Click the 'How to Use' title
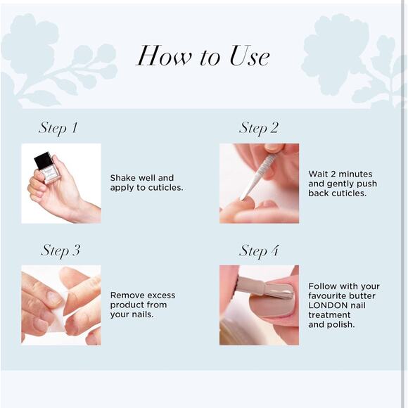[x=203, y=56]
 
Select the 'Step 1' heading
[x=58, y=128]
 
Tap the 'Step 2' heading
[x=258, y=128]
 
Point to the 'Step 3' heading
[x=60, y=250]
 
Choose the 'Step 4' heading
[x=259, y=250]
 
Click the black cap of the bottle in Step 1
[x=44, y=161]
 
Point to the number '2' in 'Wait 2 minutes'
[x=332, y=174]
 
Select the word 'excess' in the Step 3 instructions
[x=161, y=295]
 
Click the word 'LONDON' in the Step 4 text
[x=326, y=306]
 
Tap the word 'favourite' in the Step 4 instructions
[x=329, y=296]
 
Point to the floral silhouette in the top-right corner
[x=352, y=56]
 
